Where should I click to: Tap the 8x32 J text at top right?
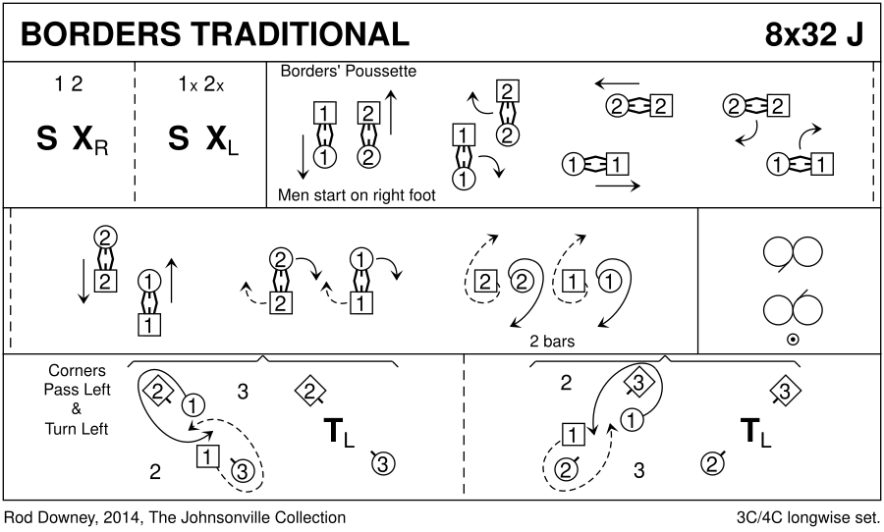click(814, 33)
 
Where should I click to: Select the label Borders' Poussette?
click(349, 72)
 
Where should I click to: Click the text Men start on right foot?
click(357, 195)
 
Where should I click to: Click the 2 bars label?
click(551, 342)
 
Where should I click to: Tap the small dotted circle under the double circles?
click(792, 341)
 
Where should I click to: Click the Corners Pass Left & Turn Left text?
click(76, 399)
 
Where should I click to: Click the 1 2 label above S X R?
click(69, 84)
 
